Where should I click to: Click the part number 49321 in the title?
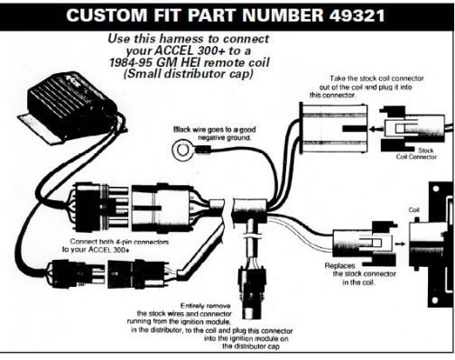[x=357, y=15]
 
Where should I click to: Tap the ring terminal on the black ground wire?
[x=181, y=150]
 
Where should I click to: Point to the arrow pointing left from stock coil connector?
[x=376, y=130]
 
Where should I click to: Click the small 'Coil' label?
[x=414, y=210]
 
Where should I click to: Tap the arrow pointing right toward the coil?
[x=400, y=244]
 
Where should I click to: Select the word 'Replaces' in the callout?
[x=339, y=266]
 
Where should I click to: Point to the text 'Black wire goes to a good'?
[x=215, y=130]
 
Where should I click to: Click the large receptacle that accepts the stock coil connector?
[x=333, y=128]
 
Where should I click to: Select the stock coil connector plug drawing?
[x=412, y=130]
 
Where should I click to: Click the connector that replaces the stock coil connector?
[x=365, y=245]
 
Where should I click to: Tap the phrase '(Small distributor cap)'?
[x=188, y=74]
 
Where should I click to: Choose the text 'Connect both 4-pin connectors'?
[x=119, y=242]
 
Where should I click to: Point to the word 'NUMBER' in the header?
[x=283, y=15]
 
